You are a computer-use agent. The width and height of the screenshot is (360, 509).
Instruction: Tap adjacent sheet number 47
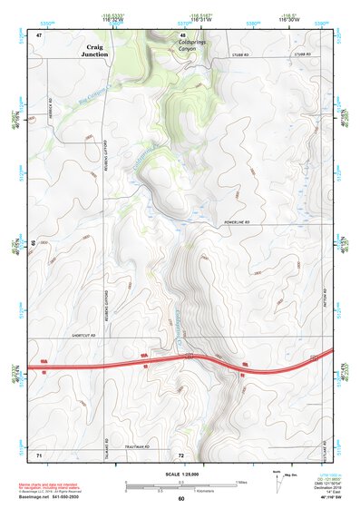tap(39, 35)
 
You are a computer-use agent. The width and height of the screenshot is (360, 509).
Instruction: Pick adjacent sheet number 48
tap(183, 35)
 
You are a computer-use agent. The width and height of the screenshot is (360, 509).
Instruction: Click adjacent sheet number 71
tap(39, 453)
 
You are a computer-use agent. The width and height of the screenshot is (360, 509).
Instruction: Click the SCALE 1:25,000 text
tap(180, 475)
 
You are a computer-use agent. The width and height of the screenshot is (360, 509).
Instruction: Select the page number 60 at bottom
tap(180, 499)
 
